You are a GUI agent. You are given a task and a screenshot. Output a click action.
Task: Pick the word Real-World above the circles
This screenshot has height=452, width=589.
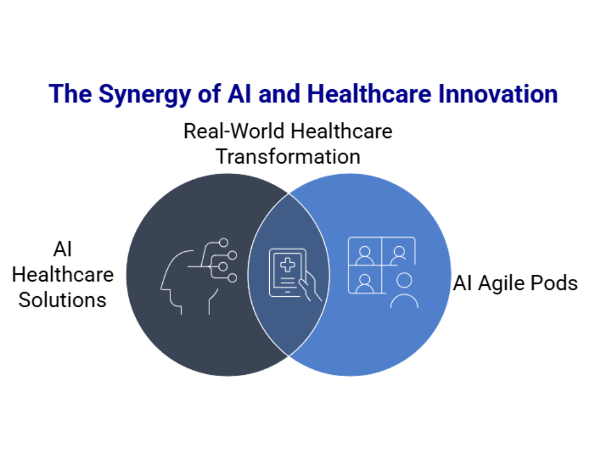pos(234,131)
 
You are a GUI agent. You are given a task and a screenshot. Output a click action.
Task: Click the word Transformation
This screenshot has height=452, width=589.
pos(288,156)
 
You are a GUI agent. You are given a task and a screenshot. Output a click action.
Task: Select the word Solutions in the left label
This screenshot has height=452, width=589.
pos(63,299)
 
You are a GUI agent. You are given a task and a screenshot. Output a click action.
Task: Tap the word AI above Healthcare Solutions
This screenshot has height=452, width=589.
pos(62,250)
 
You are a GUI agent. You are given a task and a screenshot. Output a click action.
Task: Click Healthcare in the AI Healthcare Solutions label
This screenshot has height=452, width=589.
pos(63,274)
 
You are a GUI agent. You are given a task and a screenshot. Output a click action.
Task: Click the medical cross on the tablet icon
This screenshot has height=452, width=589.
pos(287,266)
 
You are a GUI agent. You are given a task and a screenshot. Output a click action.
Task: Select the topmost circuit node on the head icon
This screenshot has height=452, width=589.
pos(224,243)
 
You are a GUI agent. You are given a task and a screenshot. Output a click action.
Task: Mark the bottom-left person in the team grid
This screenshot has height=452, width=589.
pos(365,282)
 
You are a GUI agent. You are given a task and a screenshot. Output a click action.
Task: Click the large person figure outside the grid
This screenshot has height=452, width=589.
pos(404,291)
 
